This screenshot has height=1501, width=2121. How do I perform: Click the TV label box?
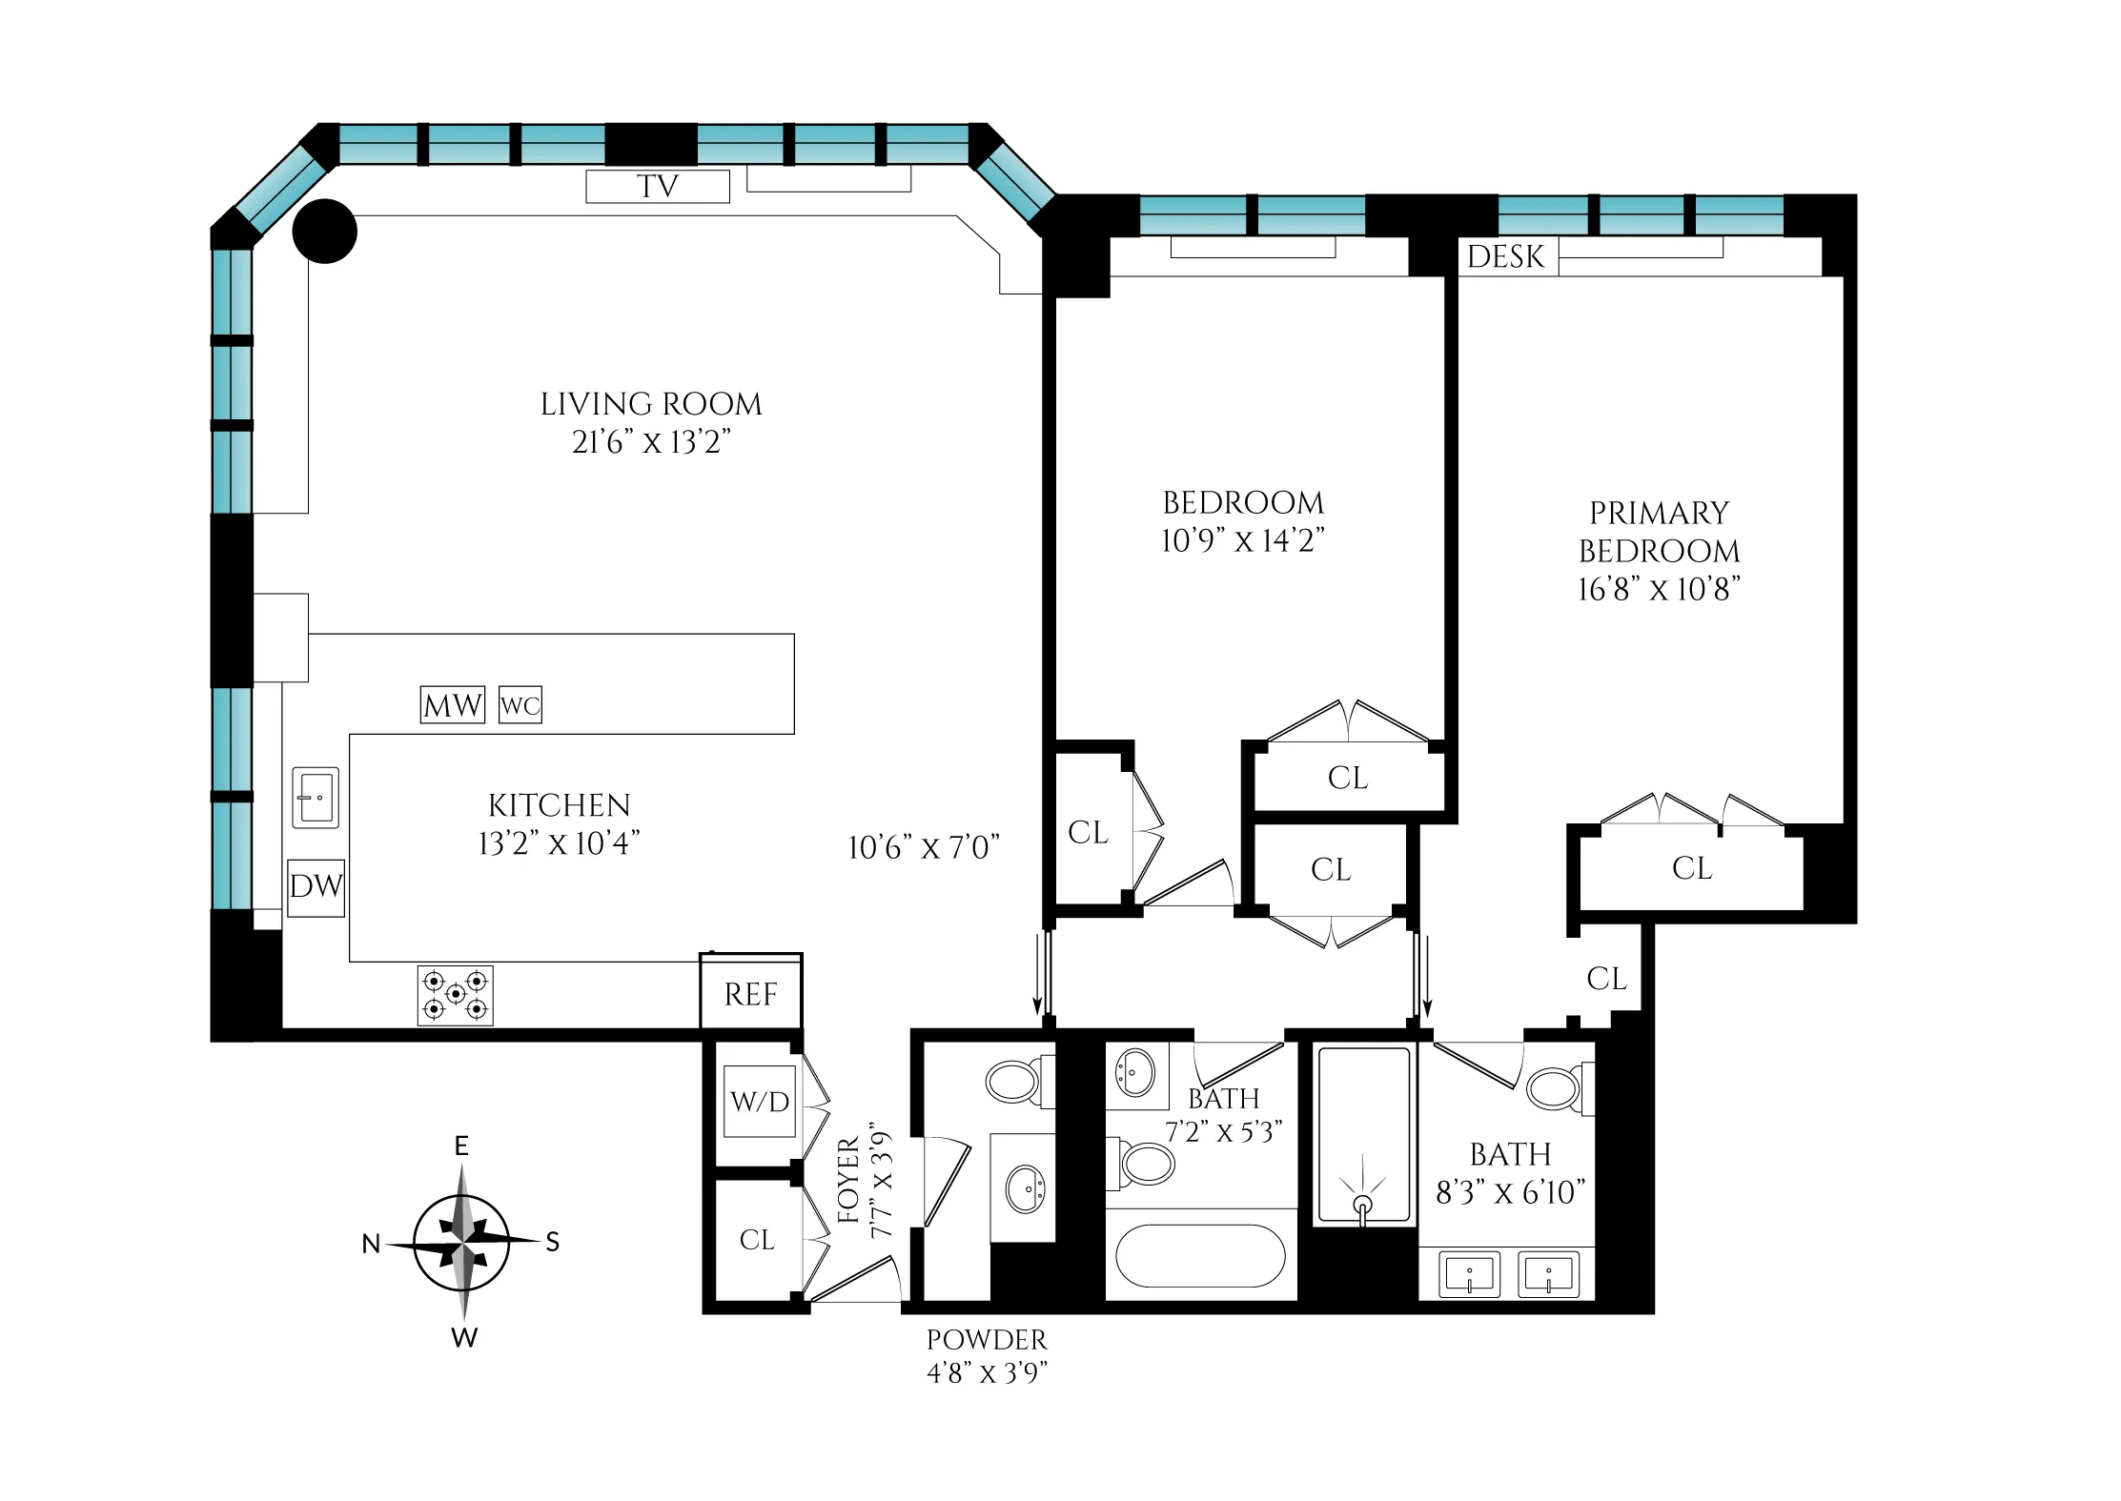[x=657, y=186]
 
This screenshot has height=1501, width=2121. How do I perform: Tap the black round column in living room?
[x=324, y=231]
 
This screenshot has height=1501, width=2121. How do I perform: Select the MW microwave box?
[x=452, y=705]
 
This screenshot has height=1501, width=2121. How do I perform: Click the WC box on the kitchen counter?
[x=520, y=705]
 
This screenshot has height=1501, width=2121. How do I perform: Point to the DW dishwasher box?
[x=316, y=886]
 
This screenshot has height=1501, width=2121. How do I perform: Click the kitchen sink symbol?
[x=316, y=797]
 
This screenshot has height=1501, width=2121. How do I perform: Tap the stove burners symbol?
[x=456, y=995]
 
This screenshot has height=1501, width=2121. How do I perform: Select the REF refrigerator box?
[x=751, y=994]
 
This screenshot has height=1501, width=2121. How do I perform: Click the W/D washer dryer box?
[x=760, y=1102]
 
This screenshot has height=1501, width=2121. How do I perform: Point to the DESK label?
[x=1506, y=256]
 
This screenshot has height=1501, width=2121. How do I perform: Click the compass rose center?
[x=462, y=1243]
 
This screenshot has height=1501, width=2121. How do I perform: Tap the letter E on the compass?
[x=461, y=1146]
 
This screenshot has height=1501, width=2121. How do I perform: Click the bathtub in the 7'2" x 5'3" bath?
[x=1200, y=1256]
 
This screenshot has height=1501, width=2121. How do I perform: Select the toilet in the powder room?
[x=1014, y=1082]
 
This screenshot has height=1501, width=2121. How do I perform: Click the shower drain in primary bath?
[x=1363, y=1204]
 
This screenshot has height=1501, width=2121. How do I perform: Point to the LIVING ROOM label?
[x=651, y=404]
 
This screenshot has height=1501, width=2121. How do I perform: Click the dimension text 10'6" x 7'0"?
[x=924, y=847]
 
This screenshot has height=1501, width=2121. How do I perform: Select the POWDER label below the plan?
[x=987, y=1340]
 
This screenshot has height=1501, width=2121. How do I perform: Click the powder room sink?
[x=1026, y=1189]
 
